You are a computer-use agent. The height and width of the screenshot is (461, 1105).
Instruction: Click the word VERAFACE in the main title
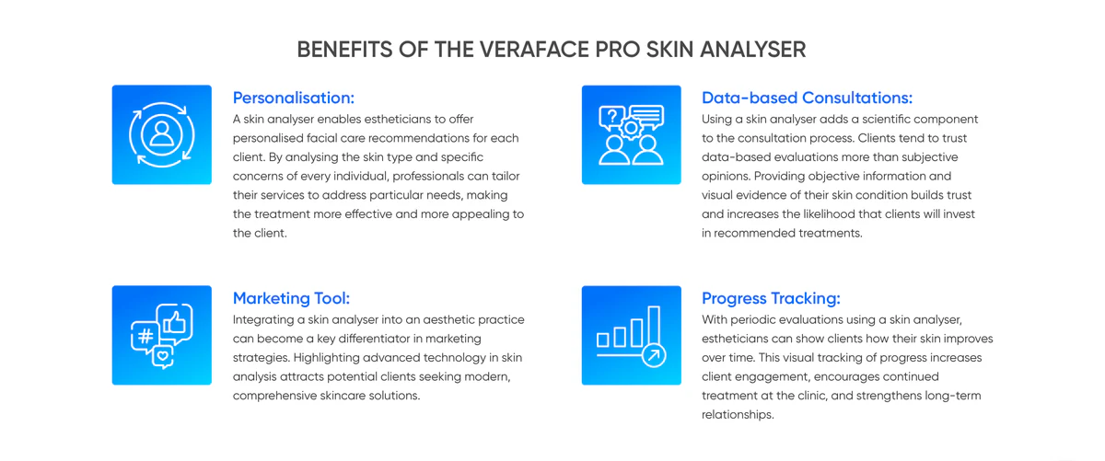(534, 50)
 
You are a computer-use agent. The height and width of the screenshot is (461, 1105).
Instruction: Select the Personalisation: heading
(294, 98)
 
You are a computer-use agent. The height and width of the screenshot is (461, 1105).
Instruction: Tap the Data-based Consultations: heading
(807, 98)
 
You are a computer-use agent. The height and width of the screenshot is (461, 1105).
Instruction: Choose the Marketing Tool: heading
(291, 298)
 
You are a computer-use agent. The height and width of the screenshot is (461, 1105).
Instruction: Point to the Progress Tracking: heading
(771, 299)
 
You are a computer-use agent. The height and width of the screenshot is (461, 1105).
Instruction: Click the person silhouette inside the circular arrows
(162, 134)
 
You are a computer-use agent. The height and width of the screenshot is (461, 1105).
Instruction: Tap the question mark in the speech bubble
(612, 116)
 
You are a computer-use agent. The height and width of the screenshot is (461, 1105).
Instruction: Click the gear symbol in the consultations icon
(631, 128)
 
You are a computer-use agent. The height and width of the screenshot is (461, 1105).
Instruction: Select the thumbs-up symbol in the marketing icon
(175, 322)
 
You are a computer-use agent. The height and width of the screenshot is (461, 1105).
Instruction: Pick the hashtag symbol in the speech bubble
(145, 336)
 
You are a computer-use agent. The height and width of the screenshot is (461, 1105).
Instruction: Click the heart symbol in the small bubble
(163, 355)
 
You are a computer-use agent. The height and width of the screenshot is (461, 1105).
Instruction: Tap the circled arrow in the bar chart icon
(654, 355)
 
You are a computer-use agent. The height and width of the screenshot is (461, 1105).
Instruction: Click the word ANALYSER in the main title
(753, 50)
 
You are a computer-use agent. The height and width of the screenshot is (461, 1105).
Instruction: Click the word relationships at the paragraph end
(737, 415)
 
